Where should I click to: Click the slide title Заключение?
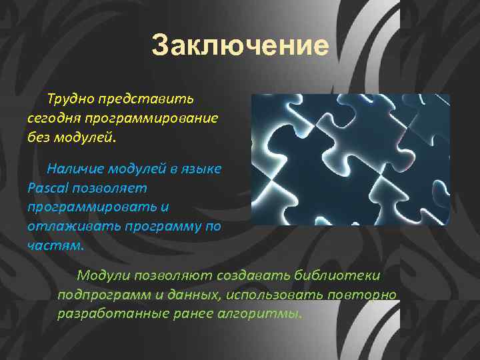click(240, 47)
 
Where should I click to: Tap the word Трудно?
click(70, 100)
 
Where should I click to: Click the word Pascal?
click(47, 189)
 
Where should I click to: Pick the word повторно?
click(366, 294)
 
